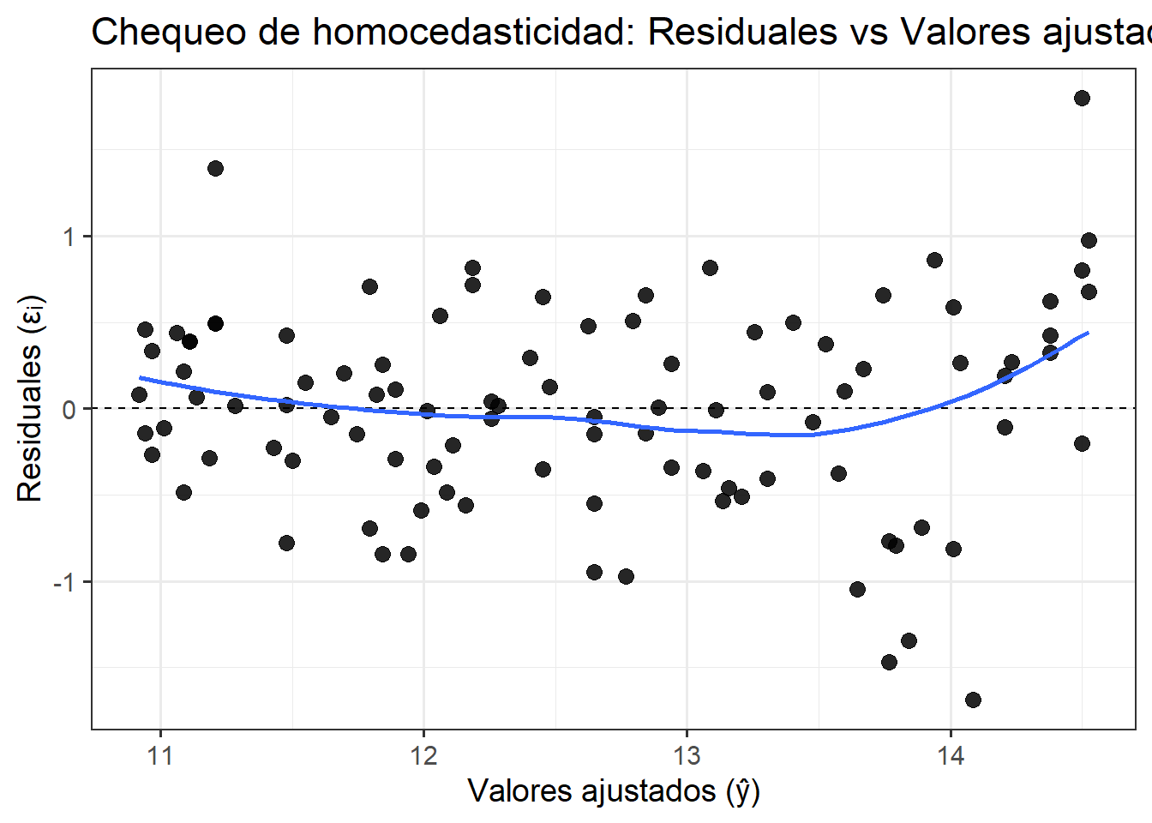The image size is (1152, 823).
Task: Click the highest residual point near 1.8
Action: [1082, 98]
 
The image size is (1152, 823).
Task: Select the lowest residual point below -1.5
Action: [973, 700]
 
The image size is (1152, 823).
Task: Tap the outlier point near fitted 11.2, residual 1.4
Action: [215, 168]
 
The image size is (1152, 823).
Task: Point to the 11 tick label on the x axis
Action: [160, 755]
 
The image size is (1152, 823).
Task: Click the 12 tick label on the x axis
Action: [423, 755]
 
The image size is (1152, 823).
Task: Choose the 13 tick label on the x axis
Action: [687, 755]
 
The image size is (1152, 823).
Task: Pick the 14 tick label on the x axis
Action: [950, 755]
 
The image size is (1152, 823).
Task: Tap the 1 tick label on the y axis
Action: [69, 237]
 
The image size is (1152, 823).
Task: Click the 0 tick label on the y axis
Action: [69, 409]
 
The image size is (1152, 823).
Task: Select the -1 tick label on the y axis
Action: [64, 582]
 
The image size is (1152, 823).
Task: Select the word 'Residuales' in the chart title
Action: [741, 33]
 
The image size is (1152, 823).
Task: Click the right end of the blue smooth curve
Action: [1088, 333]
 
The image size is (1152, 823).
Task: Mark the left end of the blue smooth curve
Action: [141, 377]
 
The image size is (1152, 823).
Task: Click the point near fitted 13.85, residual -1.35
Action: [909, 640]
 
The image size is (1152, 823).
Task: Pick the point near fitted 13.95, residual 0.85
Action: [934, 260]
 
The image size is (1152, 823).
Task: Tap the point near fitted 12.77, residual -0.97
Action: [626, 576]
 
